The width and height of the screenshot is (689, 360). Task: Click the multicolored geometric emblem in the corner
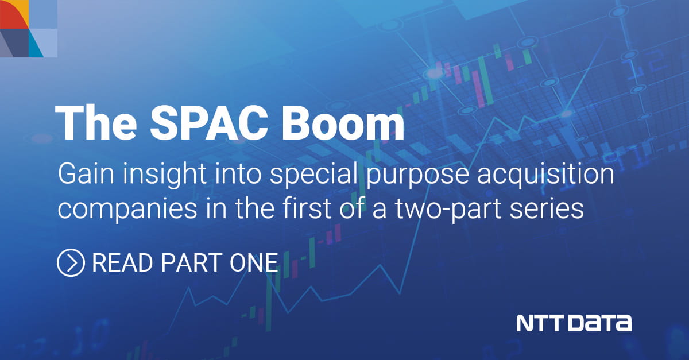pyautogui.click(x=29, y=29)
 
